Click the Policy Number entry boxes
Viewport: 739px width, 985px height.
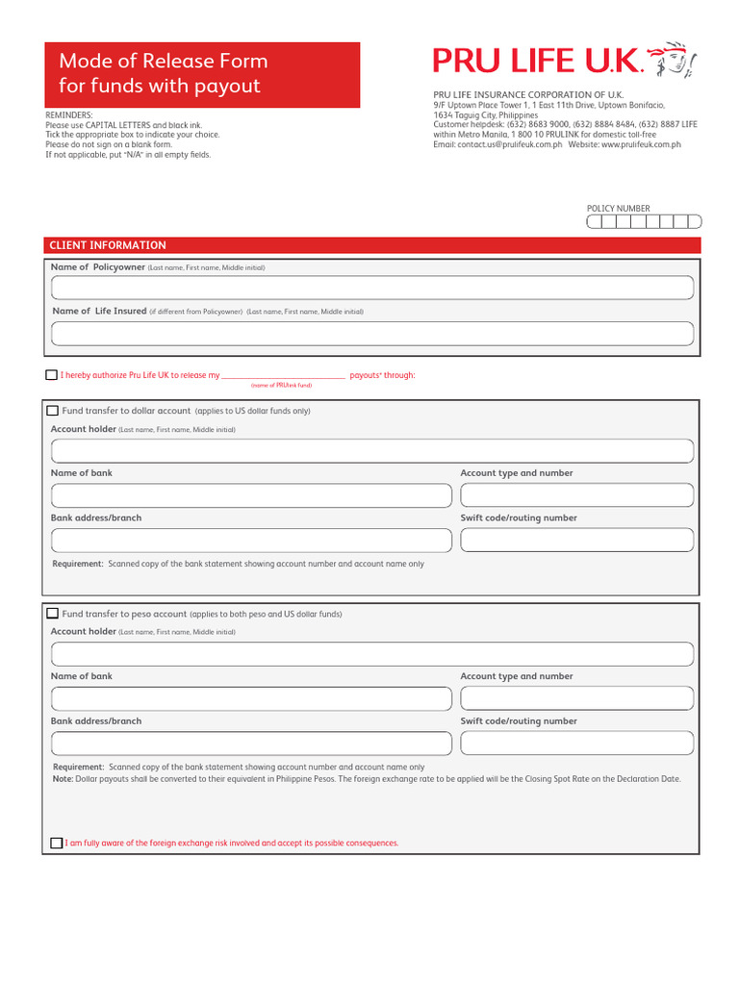pyautogui.click(x=644, y=222)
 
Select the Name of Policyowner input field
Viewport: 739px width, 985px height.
pyautogui.click(x=371, y=288)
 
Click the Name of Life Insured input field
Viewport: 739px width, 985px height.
pyautogui.click(x=371, y=334)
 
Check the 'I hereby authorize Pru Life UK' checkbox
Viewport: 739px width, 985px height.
pyautogui.click(x=52, y=375)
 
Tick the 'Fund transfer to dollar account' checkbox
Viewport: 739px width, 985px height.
pyautogui.click(x=53, y=411)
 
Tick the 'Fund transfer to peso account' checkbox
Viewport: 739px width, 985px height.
pyautogui.click(x=53, y=614)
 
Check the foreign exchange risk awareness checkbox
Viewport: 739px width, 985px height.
pyautogui.click(x=56, y=844)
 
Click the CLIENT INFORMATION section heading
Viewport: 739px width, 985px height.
pyautogui.click(x=108, y=245)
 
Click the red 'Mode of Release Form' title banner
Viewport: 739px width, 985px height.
pyautogui.click(x=202, y=74)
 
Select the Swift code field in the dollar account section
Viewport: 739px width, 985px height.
pyautogui.click(x=576, y=541)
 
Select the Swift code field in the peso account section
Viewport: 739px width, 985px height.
pyautogui.click(x=576, y=744)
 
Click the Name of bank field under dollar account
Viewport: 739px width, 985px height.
pyautogui.click(x=251, y=495)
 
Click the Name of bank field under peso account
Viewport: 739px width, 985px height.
pyautogui.click(x=251, y=698)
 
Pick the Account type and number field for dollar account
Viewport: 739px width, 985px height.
pyautogui.click(x=576, y=495)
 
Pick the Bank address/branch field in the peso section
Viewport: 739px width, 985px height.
pyautogui.click(x=251, y=744)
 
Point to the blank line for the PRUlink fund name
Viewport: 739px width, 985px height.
pyautogui.click(x=283, y=376)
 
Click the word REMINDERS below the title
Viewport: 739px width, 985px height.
pyautogui.click(x=69, y=114)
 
